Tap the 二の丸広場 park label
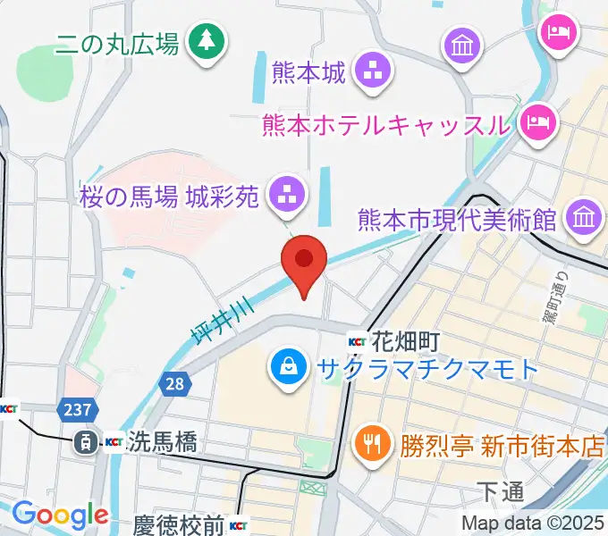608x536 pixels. click(x=117, y=43)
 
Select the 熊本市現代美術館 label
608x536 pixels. click(x=458, y=218)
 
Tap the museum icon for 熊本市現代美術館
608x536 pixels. click(x=586, y=217)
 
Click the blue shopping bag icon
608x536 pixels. click(x=291, y=368)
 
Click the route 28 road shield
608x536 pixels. click(x=174, y=384)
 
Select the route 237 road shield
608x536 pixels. click(x=76, y=409)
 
